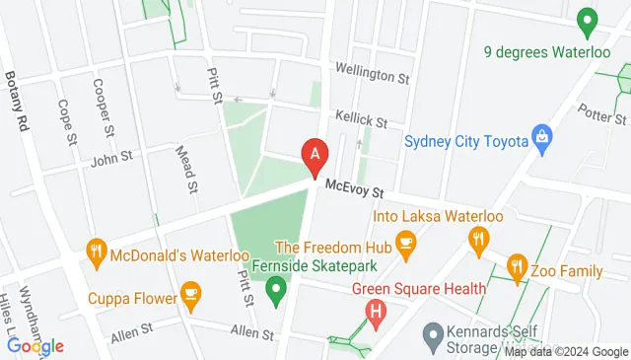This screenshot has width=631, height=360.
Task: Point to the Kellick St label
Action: coord(360,119)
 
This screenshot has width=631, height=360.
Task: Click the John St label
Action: coord(110,157)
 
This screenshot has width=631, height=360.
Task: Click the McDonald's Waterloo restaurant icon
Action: coord(96,251)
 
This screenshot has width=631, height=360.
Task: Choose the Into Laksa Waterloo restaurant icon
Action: coord(479,238)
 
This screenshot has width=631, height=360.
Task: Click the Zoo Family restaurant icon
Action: coord(516,266)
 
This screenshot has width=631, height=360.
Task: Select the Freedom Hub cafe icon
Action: coord(404,242)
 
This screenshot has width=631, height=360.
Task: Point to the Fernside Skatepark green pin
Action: coord(276,289)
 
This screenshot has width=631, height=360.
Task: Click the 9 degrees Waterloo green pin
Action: coord(589,20)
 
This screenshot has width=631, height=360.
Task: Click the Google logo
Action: coord(35,345)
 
